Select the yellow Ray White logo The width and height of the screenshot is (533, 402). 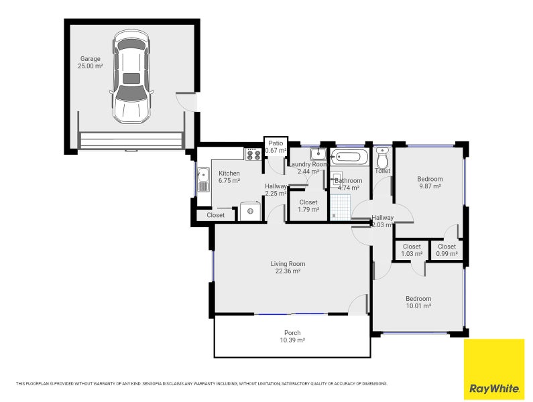click(x=494, y=369)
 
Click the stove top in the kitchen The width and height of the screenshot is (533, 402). click(x=253, y=155)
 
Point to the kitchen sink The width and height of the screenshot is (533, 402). click(x=203, y=179)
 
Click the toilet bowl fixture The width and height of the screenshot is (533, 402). click(x=383, y=159)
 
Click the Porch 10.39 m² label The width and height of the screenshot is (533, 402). click(x=292, y=336)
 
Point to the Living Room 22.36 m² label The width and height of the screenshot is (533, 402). click(x=288, y=267)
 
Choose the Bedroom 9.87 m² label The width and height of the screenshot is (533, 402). click(x=430, y=182)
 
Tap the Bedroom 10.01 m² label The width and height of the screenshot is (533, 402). click(x=418, y=302)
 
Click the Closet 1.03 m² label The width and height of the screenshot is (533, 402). click(x=412, y=250)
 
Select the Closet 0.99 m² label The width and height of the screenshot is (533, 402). click(x=447, y=250)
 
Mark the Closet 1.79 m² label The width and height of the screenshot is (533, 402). click(x=308, y=206)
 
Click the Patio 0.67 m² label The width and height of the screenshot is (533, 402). click(x=276, y=147)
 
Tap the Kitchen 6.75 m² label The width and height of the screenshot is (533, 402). click(x=229, y=177)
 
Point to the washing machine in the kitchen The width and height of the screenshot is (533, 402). click(x=251, y=211)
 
